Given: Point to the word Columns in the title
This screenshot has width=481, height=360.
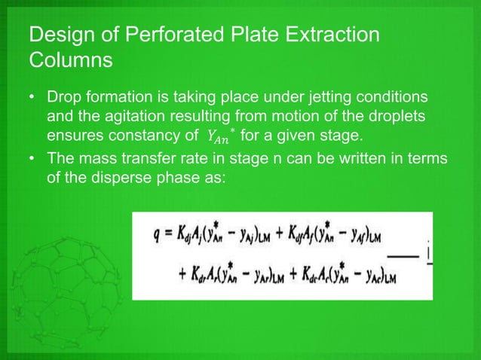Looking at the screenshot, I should pyautogui.click(x=69, y=60).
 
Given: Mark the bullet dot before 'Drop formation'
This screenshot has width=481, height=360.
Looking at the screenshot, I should pyautogui.click(x=32, y=99).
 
